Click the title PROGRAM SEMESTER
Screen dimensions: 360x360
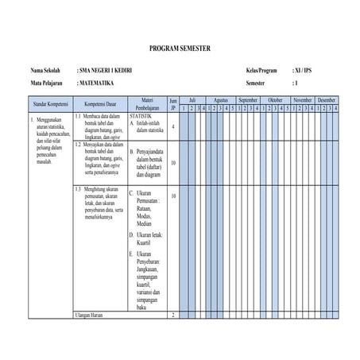coord(180,48)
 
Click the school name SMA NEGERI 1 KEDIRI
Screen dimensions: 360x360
coord(106,71)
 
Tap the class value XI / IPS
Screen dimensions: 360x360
coord(304,71)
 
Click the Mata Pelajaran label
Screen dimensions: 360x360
coord(48,83)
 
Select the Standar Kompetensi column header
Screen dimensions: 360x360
coord(49,104)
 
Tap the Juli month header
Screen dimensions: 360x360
coord(192,100)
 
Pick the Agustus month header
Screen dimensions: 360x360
coord(221,100)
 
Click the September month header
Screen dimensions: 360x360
coord(248,100)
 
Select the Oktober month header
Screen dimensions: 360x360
coord(276,100)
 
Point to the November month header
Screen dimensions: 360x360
coord(303,100)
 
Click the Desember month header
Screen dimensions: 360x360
coord(327,100)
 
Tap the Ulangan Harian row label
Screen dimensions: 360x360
coord(91,315)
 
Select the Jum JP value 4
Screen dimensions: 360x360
coord(173,126)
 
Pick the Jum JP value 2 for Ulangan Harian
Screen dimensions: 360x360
coord(173,315)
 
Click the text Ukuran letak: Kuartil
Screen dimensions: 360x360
coord(149,240)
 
